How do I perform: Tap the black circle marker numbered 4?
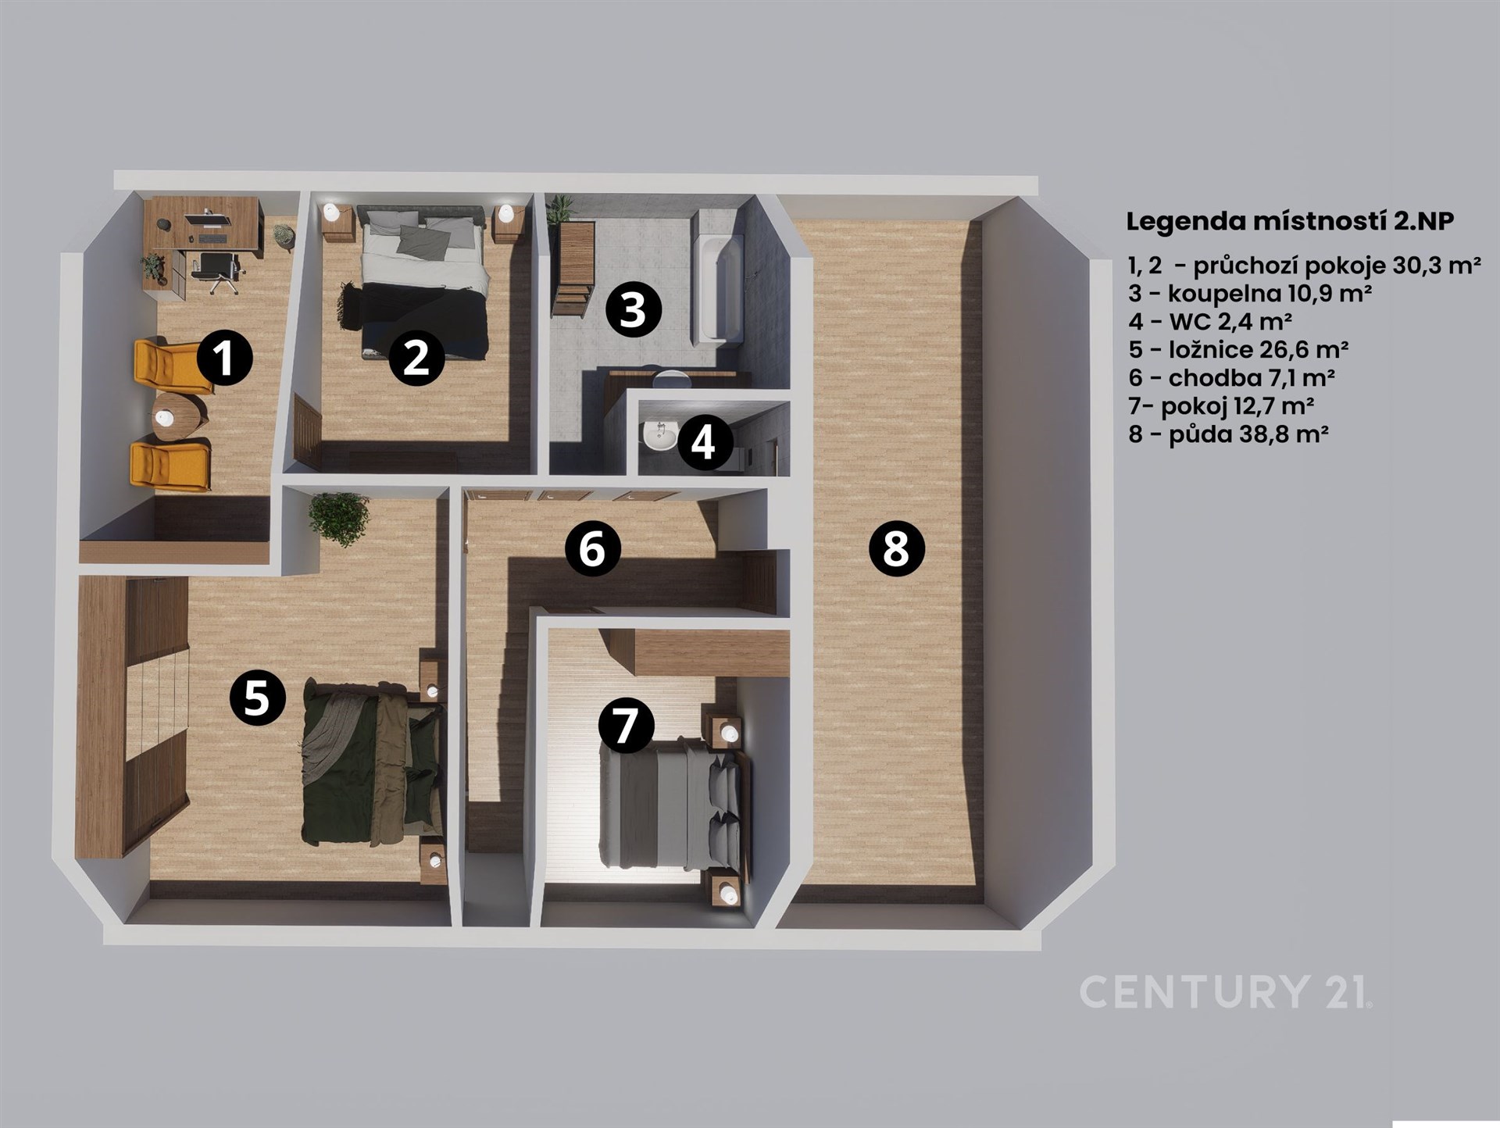704,442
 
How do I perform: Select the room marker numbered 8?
896,548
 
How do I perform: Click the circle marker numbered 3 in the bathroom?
633,309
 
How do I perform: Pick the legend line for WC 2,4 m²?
1210,321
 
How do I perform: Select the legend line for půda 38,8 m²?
1228,434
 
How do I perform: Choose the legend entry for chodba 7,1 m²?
1230,377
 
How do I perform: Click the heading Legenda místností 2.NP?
1290,221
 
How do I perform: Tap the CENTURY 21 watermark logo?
1225,991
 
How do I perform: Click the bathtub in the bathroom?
716,275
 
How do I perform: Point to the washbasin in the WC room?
660,435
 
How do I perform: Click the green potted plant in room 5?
338,518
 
